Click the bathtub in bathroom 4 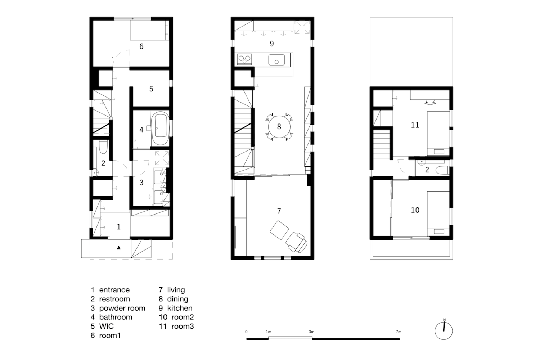pyautogui.click(x=160, y=129)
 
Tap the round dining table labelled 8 pyautogui.click(x=279, y=127)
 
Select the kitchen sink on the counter pyautogui.click(x=276, y=59)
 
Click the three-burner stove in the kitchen pyautogui.click(x=244, y=59)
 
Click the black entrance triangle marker pyautogui.click(x=118, y=248)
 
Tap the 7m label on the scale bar pyautogui.click(x=399, y=332)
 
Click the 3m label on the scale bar pyautogui.click(x=311, y=332)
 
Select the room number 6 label pyautogui.click(x=141, y=46)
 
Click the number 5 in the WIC pyautogui.click(x=151, y=89)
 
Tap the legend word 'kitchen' pyautogui.click(x=180, y=308)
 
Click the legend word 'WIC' pyautogui.click(x=106, y=326)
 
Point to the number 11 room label pyautogui.click(x=415, y=125)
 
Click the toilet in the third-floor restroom pyautogui.click(x=442, y=170)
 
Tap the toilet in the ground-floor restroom pyautogui.click(x=103, y=147)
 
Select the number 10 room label pyautogui.click(x=415, y=210)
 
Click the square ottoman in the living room pyautogui.click(x=279, y=230)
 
